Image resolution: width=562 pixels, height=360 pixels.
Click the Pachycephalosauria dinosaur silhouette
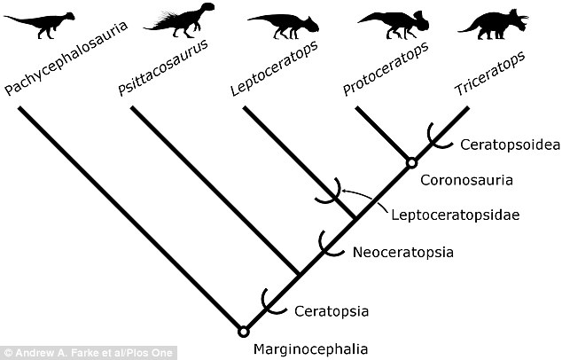(43, 24)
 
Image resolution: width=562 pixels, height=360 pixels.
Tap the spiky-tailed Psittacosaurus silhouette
(183, 21)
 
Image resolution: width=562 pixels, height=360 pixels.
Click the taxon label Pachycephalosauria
(66, 59)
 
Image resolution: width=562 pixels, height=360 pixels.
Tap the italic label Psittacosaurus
(163, 67)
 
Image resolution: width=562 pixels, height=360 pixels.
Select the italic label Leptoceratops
(274, 68)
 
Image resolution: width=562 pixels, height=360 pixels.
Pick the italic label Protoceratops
(386, 69)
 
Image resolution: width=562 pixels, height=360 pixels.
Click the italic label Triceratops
(490, 73)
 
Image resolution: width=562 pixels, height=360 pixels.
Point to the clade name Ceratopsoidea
(510, 145)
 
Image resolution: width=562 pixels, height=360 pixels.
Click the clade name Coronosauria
(466, 180)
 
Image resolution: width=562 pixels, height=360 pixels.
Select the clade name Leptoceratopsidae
(456, 215)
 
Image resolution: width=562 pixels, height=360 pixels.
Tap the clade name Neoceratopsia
(403, 253)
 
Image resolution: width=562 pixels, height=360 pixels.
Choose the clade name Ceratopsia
(332, 311)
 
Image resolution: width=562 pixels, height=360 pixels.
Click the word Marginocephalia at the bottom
(311, 349)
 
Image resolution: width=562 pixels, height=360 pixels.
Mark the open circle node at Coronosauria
(412, 163)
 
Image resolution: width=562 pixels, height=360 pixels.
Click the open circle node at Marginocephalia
(244, 332)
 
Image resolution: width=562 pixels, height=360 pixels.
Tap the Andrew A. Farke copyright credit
(88, 353)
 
